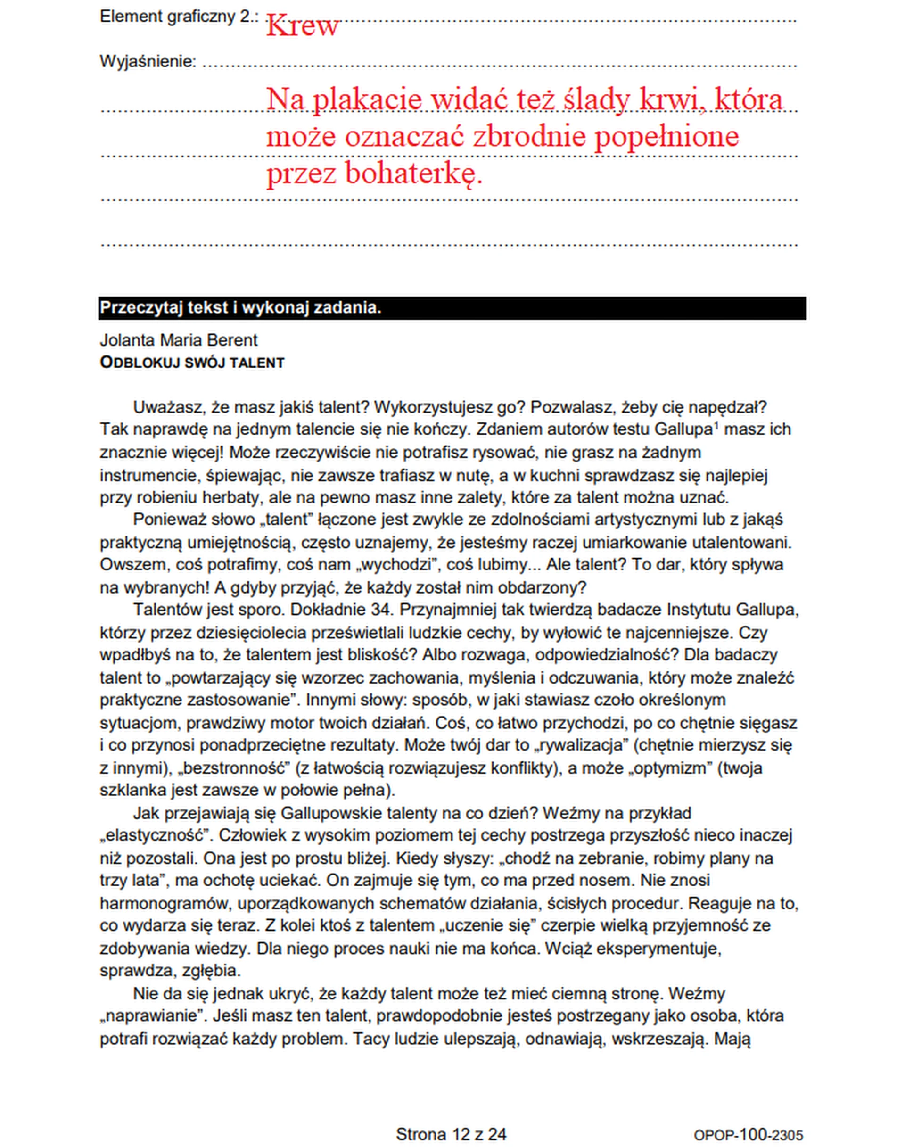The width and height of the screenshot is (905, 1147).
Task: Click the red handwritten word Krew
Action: [302, 25]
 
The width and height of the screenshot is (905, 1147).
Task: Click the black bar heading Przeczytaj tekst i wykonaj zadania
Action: [240, 308]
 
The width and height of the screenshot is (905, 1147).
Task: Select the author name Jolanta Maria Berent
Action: [179, 340]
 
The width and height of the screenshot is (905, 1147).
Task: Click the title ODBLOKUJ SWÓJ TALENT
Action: [192, 363]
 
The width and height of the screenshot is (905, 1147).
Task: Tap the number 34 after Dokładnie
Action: [380, 610]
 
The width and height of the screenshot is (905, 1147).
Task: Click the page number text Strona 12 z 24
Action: [451, 1134]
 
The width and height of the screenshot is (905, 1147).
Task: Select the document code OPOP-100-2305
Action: [748, 1135]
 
